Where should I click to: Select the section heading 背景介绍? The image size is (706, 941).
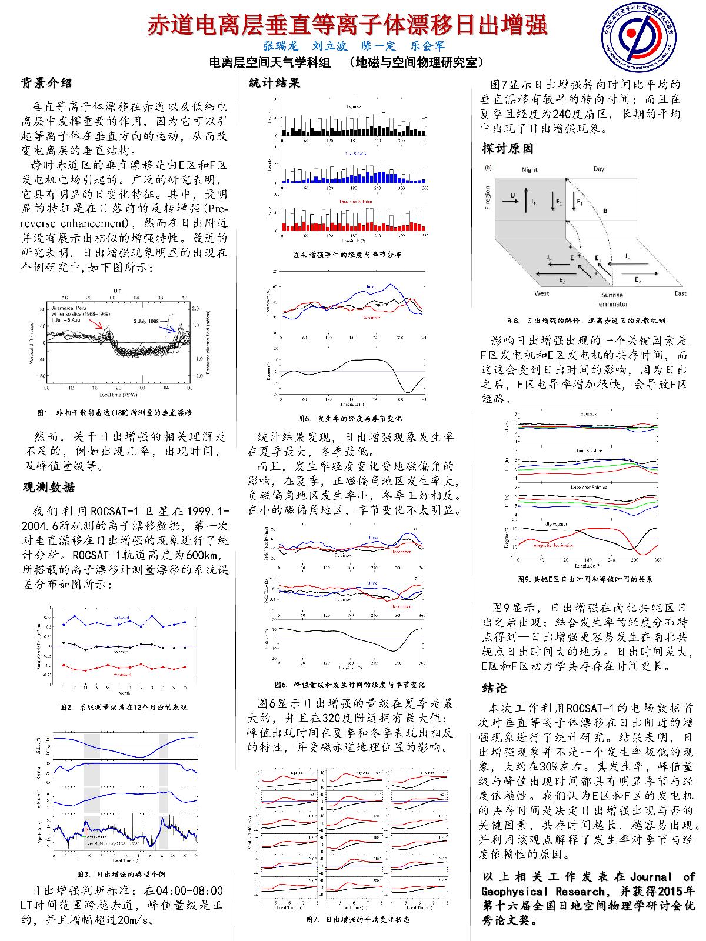(46, 84)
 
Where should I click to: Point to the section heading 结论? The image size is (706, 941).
(495, 688)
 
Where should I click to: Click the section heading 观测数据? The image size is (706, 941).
(49, 487)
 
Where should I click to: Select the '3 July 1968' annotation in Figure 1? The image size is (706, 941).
(146, 321)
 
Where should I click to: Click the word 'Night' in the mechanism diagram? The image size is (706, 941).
(529, 169)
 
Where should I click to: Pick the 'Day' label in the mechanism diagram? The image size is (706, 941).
(598, 169)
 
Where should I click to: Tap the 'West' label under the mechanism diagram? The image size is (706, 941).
(542, 293)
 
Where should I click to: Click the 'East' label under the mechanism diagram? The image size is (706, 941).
(680, 293)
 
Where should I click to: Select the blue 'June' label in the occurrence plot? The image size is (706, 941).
(370, 287)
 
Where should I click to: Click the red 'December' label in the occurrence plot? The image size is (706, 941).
(371, 318)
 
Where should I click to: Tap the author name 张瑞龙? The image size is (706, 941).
(281, 45)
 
